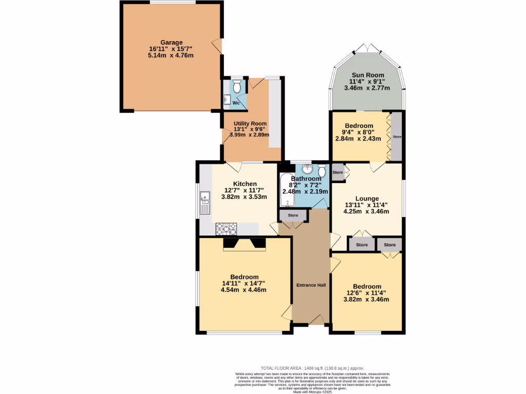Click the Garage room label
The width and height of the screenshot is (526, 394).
171,42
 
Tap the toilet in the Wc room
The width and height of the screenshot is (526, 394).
237,86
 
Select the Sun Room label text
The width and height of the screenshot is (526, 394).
367,75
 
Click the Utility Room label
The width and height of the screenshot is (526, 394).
250,124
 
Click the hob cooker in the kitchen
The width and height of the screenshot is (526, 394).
226,228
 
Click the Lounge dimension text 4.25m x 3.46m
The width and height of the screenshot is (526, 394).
367,211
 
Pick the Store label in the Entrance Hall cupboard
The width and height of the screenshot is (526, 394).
293,215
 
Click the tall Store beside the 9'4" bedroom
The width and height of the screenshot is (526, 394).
397,137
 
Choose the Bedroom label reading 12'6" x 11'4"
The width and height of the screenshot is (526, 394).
367,287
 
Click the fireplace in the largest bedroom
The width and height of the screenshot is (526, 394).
244,244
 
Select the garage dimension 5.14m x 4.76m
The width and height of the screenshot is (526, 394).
171,55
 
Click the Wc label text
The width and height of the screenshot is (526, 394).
236,103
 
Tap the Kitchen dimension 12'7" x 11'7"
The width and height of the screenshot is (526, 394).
245,190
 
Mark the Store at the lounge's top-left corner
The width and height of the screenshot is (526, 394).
337,172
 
